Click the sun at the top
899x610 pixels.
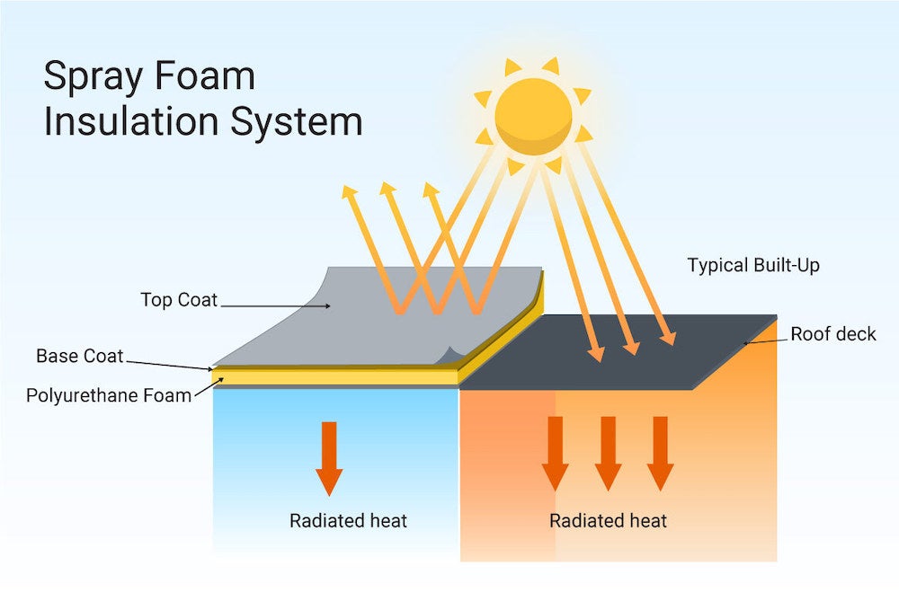[x=533, y=116]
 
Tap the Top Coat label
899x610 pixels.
[x=179, y=300]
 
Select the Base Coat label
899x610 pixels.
[x=79, y=356]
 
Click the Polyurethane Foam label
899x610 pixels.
[x=109, y=395]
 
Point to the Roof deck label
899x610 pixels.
[x=832, y=335]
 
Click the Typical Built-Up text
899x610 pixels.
[x=753, y=266]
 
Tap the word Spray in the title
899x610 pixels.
[x=91, y=78]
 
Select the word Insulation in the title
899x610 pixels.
[x=133, y=121]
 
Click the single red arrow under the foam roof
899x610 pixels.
[x=329, y=457]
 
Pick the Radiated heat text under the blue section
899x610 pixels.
[x=348, y=521]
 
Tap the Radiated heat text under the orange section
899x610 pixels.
[x=609, y=521]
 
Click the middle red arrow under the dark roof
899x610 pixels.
[x=608, y=453]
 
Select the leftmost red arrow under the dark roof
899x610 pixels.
[x=555, y=453]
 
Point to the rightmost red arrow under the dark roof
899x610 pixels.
[x=661, y=453]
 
